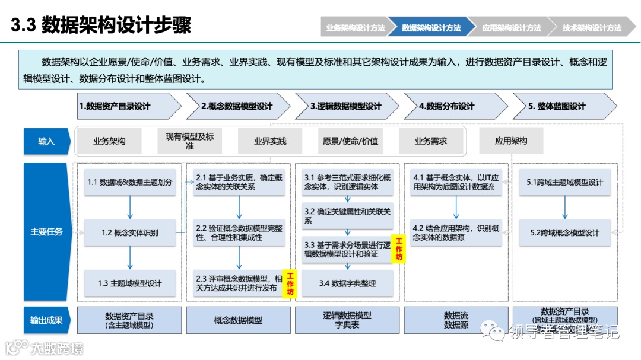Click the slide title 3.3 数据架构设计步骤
click(x=101, y=26)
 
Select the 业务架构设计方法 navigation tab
click(x=355, y=27)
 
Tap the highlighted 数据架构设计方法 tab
click(x=431, y=27)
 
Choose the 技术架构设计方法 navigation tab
click(x=592, y=27)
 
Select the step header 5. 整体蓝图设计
click(x=558, y=106)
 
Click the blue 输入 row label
click(x=46, y=141)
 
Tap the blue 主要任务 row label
click(x=46, y=232)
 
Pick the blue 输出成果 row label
click(x=46, y=320)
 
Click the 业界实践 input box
click(x=270, y=141)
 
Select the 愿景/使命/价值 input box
click(x=350, y=141)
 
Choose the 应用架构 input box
click(x=511, y=141)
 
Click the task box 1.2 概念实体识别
click(x=130, y=232)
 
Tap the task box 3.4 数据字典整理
click(x=348, y=283)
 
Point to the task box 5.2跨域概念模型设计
click(x=565, y=232)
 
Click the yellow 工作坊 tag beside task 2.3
click(x=290, y=283)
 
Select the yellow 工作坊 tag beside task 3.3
click(x=399, y=249)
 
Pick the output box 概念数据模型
click(x=239, y=320)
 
